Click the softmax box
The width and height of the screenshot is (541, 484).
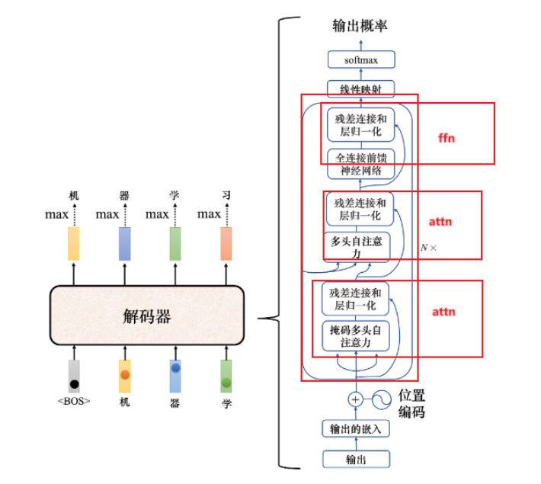[361, 59]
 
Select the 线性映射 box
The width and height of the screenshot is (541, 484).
[361, 89]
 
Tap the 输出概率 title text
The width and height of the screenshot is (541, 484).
[360, 26]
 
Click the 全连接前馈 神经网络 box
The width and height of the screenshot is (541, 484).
[361, 164]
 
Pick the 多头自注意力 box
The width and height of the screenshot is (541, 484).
[357, 247]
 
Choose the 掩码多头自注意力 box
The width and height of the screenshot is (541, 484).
[356, 336]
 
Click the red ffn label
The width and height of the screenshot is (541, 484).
[447, 138]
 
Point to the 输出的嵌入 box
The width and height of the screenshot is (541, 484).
[357, 428]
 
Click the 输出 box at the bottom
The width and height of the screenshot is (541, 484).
[357, 459]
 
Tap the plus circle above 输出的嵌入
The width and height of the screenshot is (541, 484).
[355, 399]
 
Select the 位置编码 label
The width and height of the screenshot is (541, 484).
[411, 403]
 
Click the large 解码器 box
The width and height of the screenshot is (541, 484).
[147, 316]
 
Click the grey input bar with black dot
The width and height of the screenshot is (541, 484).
[74, 377]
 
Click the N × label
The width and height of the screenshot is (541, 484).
[429, 248]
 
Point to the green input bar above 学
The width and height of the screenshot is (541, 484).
[226, 377]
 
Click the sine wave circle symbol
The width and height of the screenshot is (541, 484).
[383, 399]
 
